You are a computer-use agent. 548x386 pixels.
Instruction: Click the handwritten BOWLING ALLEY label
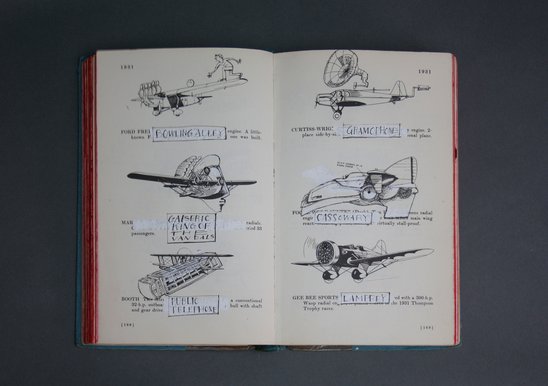tap(189, 134)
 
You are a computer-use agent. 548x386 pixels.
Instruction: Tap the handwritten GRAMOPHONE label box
tap(371, 131)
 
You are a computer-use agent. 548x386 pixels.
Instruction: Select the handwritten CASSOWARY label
tap(343, 218)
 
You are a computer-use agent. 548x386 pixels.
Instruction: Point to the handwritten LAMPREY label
tap(365, 298)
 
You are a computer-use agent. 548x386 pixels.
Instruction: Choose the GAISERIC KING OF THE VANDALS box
tap(191, 228)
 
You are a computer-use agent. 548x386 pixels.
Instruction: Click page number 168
tap(128, 325)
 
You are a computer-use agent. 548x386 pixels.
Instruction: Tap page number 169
tap(427, 328)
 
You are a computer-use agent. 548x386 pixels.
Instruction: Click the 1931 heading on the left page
tap(127, 67)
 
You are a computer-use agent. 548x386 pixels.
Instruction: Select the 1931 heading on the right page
tap(425, 72)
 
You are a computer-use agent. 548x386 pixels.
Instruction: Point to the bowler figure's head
tap(219, 58)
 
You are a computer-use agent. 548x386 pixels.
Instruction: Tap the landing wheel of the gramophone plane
tap(337, 116)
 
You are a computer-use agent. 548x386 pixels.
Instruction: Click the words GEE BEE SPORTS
tap(315, 298)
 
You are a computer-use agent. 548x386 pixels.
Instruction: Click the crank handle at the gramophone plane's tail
tap(422, 88)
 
